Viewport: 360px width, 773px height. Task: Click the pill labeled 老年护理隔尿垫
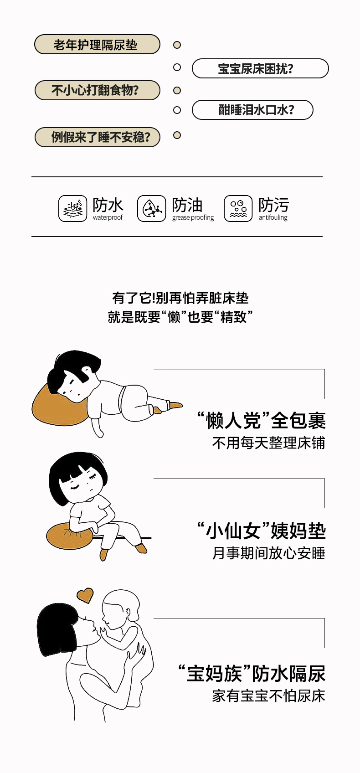[97, 44]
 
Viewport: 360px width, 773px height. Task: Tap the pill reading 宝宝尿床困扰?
[260, 68]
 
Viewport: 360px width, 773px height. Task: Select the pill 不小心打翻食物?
[97, 90]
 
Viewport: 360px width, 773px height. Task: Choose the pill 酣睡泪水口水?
[252, 110]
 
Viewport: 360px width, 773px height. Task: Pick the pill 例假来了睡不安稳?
[97, 137]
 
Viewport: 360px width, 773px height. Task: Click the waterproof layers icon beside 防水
[72, 208]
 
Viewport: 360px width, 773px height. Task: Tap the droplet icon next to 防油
[152, 208]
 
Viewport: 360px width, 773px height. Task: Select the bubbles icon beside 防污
[238, 208]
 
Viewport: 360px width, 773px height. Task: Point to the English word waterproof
[108, 217]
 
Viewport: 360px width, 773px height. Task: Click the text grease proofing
[193, 217]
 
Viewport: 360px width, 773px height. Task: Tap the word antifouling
[273, 217]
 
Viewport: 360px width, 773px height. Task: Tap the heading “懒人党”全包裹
[261, 420]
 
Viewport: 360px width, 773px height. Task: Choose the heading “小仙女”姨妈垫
[261, 531]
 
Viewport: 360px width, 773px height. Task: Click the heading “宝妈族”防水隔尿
[252, 674]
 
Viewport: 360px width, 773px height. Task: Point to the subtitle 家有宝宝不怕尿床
[268, 696]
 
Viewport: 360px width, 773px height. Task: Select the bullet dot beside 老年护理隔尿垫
[177, 45]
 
